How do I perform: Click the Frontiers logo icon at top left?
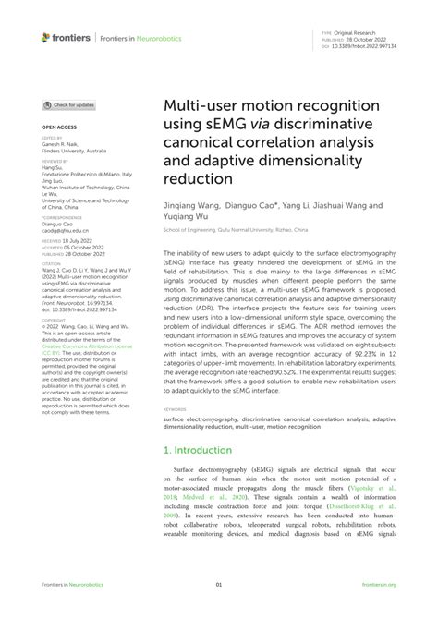[46, 37]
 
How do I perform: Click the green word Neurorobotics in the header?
[143, 38]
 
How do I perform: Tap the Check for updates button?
[68, 106]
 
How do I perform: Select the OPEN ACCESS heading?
[58, 126]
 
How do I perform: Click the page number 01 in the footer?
[219, 585]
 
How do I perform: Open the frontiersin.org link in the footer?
[379, 585]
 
